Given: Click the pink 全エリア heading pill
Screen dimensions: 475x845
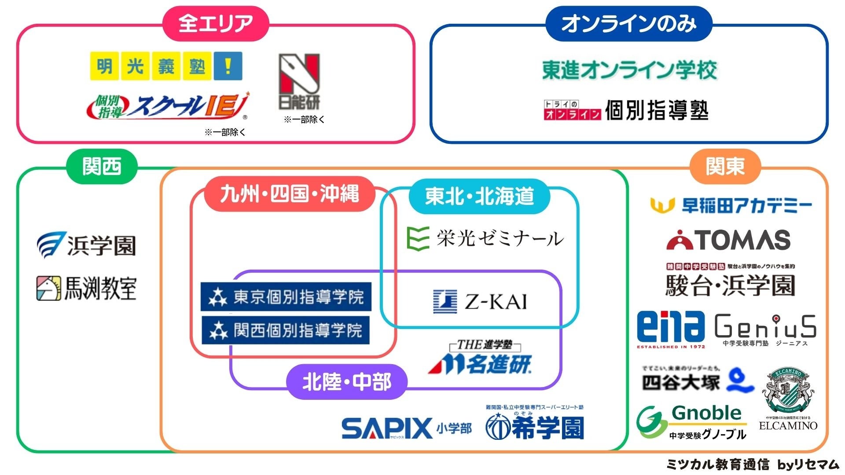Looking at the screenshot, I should pos(216,23).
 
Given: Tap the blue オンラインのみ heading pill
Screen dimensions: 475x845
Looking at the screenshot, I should pos(628,23).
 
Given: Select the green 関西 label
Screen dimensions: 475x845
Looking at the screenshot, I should pos(102,167).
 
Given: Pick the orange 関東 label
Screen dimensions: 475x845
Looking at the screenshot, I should pos(725,167).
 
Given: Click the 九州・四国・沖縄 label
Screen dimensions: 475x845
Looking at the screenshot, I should pos(289,194).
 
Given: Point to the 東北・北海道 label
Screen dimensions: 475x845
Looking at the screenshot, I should pos(479,196).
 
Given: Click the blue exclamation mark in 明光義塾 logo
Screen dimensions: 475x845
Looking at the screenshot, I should pos(228,66).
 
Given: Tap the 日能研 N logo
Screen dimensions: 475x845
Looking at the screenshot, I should pos(299,82).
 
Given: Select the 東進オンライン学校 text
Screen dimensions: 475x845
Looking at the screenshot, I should pos(629,70).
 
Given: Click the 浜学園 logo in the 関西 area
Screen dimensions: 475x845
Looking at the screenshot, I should pos(86,245).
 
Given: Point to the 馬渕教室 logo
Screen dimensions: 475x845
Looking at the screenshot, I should pos(86,289).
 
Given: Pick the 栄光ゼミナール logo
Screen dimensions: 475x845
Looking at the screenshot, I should pos(484,238).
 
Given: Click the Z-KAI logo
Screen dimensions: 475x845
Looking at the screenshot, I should pos(480,302).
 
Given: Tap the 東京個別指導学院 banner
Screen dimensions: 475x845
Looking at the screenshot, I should pos(286,297).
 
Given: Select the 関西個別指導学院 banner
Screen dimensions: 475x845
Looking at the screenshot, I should pos(285,330).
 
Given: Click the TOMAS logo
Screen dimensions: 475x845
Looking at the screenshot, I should pos(728,240).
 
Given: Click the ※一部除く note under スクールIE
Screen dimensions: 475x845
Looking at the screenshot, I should pos(225,132).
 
